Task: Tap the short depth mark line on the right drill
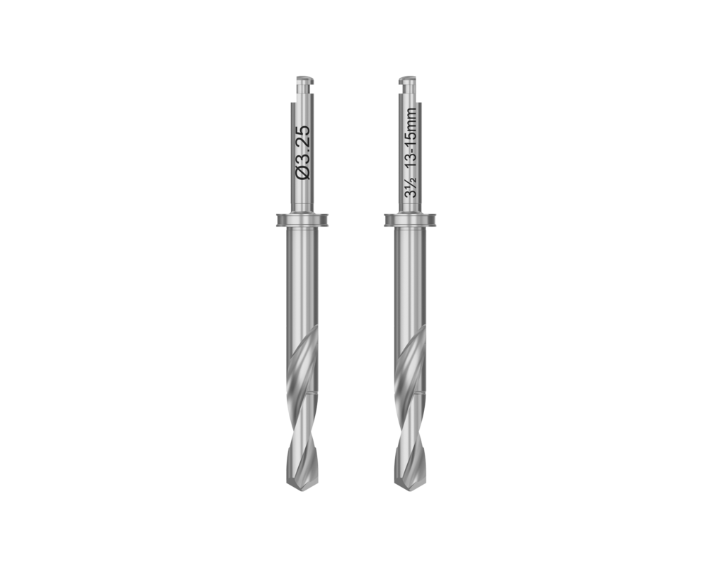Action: [x=421, y=392]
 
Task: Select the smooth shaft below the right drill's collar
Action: [x=410, y=283]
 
